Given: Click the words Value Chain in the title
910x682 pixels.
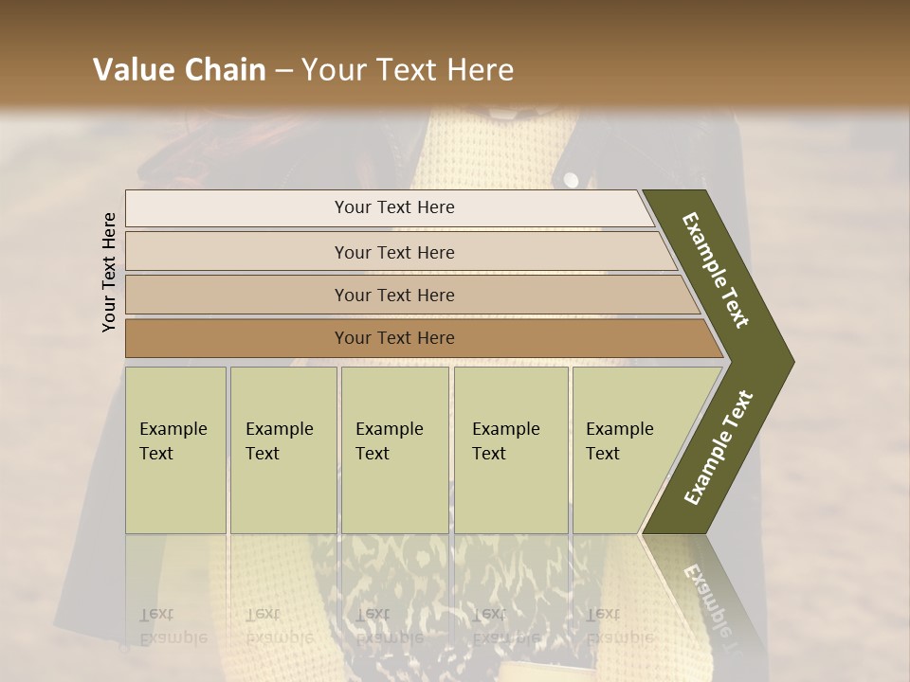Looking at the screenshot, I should click(x=179, y=70).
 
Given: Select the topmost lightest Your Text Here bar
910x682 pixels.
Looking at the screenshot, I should click(x=393, y=207).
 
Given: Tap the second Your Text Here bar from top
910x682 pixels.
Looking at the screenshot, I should click(x=393, y=252).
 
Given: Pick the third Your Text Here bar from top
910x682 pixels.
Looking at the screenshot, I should click(x=393, y=295).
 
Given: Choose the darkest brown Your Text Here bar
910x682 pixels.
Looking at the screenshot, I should click(x=393, y=338).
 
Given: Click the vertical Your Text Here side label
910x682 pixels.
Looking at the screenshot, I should click(x=110, y=272).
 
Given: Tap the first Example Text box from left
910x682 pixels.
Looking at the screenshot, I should click(x=175, y=450).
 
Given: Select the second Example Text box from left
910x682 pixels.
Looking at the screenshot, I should click(x=282, y=450).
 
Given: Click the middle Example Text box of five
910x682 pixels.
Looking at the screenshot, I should click(x=394, y=450).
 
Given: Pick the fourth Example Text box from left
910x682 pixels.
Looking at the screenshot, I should click(x=510, y=450).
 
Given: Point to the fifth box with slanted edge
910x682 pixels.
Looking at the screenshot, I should click(x=626, y=450).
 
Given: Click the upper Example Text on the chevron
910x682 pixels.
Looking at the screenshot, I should click(x=717, y=270).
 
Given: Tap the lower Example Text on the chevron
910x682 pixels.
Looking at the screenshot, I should click(x=719, y=447).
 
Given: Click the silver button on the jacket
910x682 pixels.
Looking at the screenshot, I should click(x=572, y=180).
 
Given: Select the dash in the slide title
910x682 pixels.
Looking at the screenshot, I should click(x=283, y=71).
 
